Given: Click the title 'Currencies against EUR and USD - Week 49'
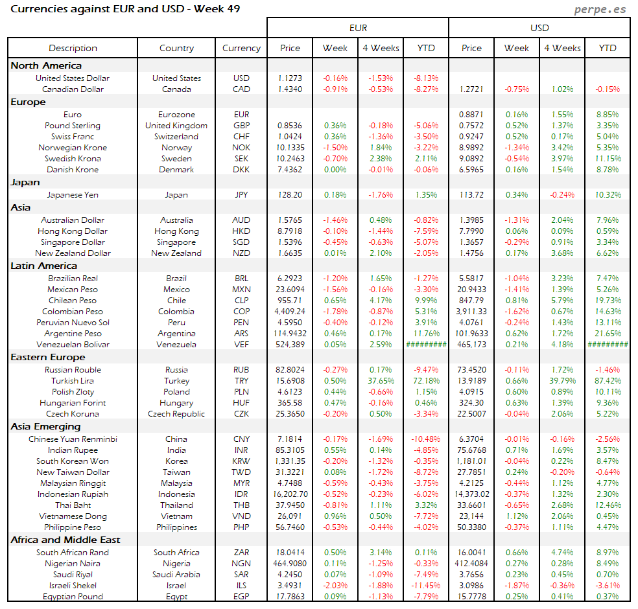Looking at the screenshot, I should point(126,9).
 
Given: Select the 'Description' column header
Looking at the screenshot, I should point(73,48).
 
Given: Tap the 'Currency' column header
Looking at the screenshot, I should point(241,48).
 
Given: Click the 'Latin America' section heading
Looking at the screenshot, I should point(43,266).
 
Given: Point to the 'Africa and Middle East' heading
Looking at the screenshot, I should point(65,540).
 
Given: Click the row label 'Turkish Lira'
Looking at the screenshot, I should point(73,381).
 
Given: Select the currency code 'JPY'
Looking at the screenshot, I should point(241,195).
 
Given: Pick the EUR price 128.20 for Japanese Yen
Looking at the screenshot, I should point(290,195).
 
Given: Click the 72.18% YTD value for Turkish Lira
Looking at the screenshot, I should point(426,381).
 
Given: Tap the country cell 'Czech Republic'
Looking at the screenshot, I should point(176,414).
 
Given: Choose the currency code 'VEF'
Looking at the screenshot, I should point(241,345).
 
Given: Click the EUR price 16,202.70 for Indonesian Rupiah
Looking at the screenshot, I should point(290,494).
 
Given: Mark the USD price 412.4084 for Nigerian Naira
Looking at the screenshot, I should point(471,564).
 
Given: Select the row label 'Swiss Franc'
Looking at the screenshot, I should point(73,137).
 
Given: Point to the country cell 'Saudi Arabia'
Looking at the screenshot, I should point(176,575).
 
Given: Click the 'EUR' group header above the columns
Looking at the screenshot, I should point(358,28).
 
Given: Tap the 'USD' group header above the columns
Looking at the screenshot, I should point(539,28).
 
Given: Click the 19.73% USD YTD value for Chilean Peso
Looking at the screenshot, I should point(608,301).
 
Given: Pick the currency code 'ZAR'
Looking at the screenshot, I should point(241,553).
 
